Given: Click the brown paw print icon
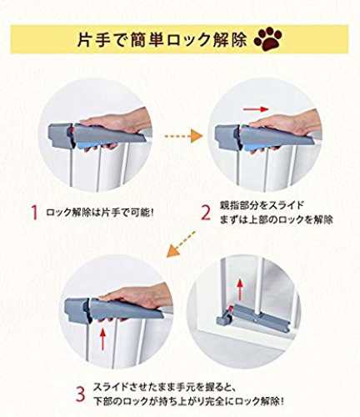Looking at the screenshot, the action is [x=268, y=38].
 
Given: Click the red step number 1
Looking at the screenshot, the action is [x=34, y=213].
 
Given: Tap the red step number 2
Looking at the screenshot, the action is [x=206, y=214].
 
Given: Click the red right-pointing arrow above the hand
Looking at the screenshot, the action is [x=256, y=109].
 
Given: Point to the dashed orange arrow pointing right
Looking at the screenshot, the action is [x=183, y=136].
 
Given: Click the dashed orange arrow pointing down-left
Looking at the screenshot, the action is [x=181, y=244].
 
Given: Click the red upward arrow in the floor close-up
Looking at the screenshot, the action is [x=240, y=290].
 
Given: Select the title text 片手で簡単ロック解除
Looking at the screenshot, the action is [x=162, y=39].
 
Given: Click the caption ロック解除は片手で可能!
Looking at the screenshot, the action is [x=100, y=213].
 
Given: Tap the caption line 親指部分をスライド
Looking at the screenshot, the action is [x=262, y=205].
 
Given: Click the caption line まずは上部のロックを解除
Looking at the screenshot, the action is [x=277, y=219].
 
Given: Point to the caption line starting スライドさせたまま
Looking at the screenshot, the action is [x=165, y=387].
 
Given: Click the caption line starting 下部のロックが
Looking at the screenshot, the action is [x=188, y=401].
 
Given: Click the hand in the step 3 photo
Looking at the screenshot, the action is [x=136, y=299].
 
